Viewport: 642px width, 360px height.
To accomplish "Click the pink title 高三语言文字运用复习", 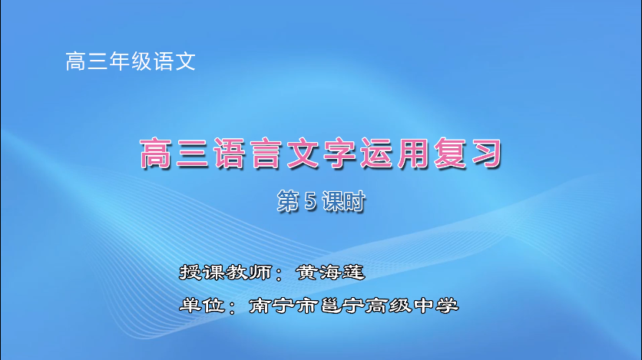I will [x=321, y=154].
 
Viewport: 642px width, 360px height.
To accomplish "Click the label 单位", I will [x=199, y=305].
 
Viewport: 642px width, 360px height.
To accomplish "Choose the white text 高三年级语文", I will [x=131, y=61].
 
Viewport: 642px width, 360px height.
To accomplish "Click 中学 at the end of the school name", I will [x=435, y=305].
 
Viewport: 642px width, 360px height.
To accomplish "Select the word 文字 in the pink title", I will [x=321, y=154].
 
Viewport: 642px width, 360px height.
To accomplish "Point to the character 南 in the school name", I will [x=260, y=305].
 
